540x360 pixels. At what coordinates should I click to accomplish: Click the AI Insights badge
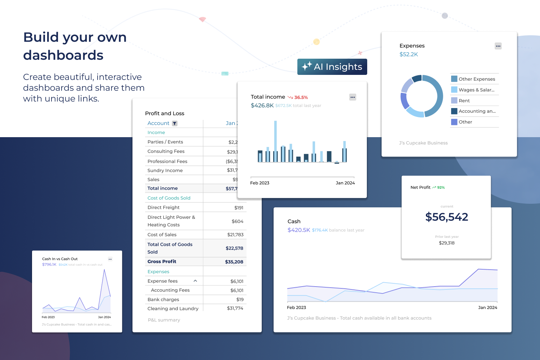[332, 67]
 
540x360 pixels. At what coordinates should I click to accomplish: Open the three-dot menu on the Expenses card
[498, 46]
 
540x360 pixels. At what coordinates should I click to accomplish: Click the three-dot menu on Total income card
[352, 97]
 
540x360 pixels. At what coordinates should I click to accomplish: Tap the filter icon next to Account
[175, 123]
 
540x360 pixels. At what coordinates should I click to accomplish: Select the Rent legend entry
[464, 101]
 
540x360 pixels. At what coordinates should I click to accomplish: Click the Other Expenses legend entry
[476, 79]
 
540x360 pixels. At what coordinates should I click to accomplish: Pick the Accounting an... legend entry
[477, 111]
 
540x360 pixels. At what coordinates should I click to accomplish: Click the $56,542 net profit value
[446, 217]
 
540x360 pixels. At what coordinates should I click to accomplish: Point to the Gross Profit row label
[162, 262]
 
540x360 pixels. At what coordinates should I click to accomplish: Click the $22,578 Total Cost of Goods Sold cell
[234, 248]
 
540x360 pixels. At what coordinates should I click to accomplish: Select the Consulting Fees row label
[166, 152]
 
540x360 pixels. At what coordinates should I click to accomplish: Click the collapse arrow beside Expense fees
[195, 281]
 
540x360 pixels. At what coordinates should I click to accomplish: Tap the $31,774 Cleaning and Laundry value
[235, 309]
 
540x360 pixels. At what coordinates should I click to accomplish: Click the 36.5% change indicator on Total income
[301, 98]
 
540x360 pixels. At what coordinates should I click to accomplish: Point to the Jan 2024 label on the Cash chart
[487, 308]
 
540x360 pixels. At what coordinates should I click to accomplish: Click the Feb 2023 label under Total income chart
[260, 183]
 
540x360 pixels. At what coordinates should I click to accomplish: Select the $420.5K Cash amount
[298, 230]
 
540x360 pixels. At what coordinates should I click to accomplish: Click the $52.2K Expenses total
[409, 55]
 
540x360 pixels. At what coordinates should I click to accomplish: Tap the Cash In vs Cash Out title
[60, 259]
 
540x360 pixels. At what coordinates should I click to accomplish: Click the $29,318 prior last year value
[446, 243]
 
